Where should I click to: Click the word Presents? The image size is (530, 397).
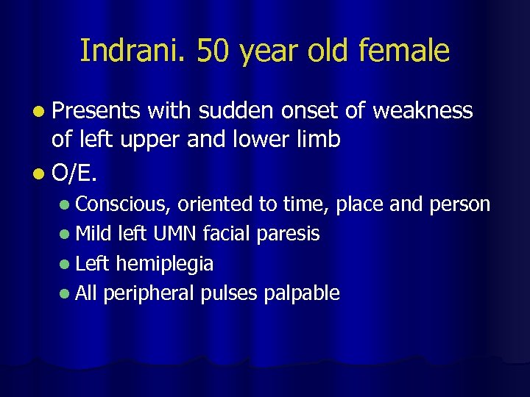click(x=96, y=111)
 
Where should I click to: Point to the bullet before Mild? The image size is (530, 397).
click(x=66, y=235)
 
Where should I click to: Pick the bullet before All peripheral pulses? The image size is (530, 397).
click(x=66, y=294)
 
